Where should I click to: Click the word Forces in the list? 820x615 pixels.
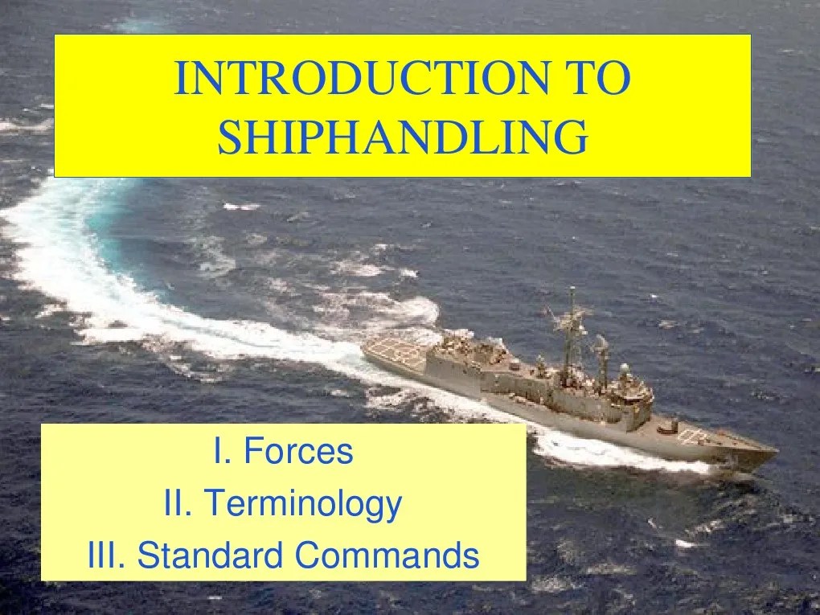coord(298,452)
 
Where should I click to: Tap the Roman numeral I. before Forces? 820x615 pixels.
coord(222,452)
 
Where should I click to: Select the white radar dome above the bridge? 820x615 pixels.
coord(624,370)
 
